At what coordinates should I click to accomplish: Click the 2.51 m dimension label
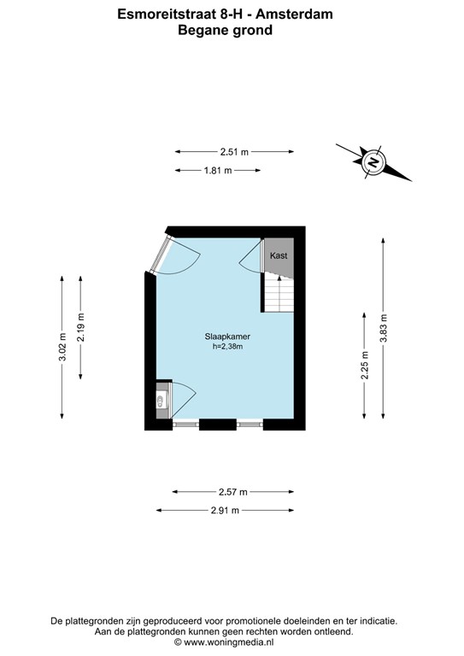[x=233, y=152]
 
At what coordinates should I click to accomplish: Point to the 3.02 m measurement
[x=62, y=346]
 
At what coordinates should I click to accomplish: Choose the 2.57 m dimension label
[x=232, y=491]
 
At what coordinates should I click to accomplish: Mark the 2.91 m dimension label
[x=224, y=510]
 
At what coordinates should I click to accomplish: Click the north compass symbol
[x=373, y=161]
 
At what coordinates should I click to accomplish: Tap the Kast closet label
[x=279, y=256]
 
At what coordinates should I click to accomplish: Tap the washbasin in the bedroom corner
[x=160, y=401]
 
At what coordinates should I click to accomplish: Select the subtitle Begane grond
[x=225, y=30]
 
